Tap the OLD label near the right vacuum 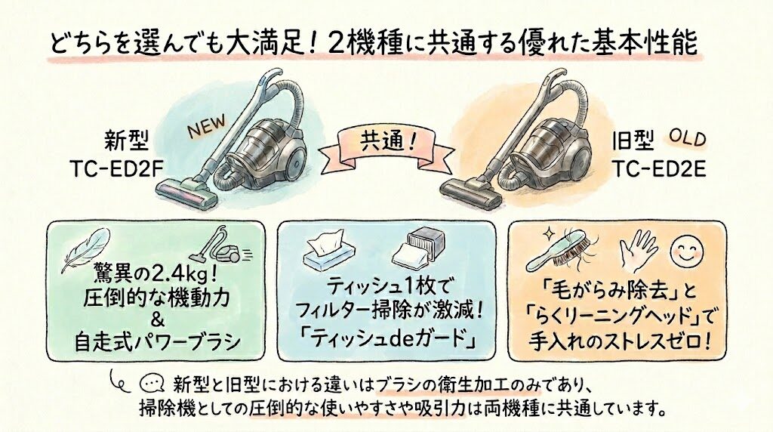coord(688,138)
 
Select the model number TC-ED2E coord(659,168)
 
